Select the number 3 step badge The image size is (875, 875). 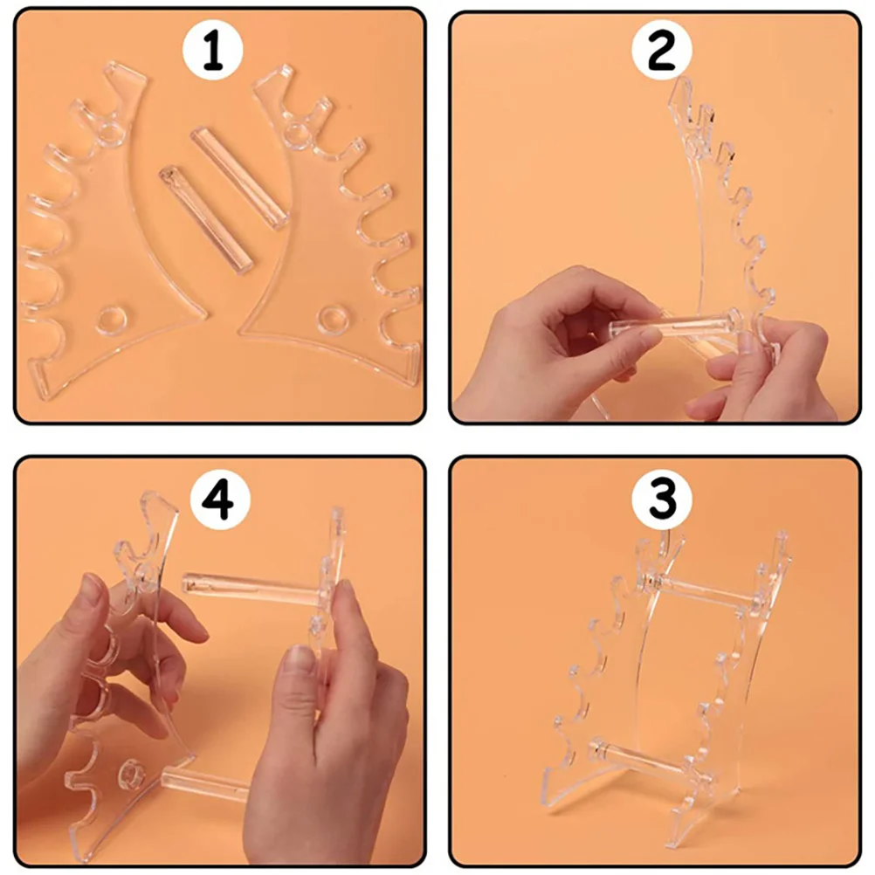pos(661,501)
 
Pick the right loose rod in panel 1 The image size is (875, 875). pos(239,178)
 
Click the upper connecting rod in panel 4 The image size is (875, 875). pos(253,589)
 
